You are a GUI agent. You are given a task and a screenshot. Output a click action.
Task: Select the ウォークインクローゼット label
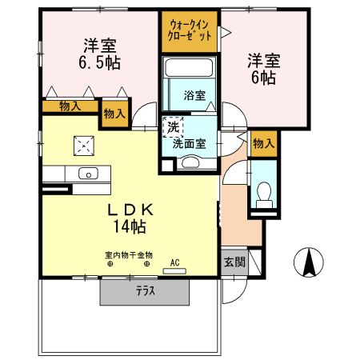[190, 31]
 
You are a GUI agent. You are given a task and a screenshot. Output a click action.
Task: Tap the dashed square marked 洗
[173, 126]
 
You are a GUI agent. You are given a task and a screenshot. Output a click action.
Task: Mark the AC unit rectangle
[174, 271]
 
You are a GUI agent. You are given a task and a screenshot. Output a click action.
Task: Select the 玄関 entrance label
[234, 262]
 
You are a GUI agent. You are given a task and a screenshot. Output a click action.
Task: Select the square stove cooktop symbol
[84, 145]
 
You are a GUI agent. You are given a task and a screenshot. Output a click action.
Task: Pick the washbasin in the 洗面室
[190, 162]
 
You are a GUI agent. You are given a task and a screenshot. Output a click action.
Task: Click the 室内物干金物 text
[128, 256]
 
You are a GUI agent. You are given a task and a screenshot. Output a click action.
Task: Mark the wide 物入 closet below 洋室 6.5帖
[70, 106]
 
